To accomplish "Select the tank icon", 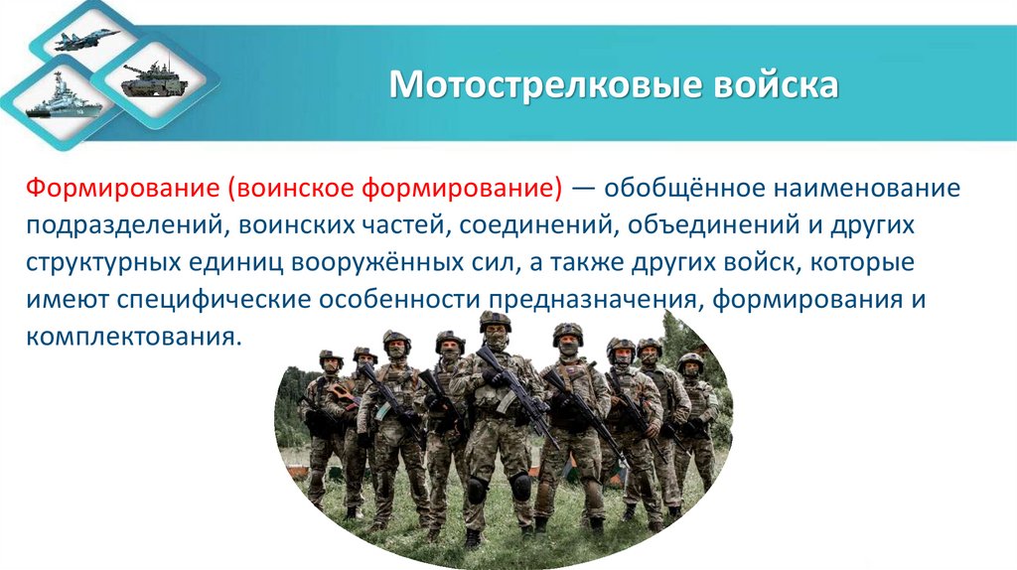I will (x=155, y=78).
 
